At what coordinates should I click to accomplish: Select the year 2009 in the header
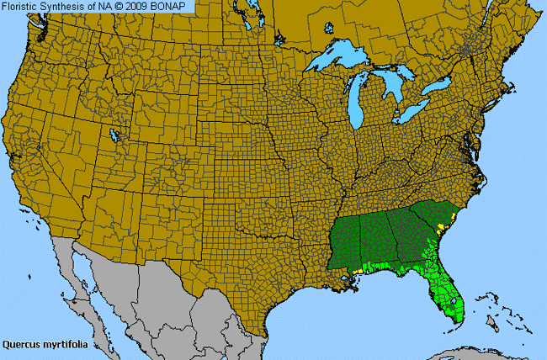click(145, 6)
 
